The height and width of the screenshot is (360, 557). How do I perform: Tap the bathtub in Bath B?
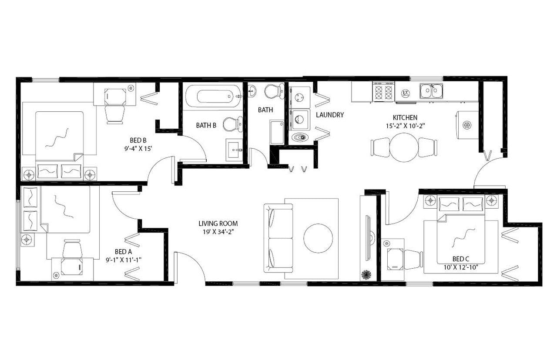click(213, 96)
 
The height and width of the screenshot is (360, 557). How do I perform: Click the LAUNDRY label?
click(330, 115)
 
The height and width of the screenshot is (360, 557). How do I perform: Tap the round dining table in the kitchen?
click(403, 147)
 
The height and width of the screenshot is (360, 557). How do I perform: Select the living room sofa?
click(278, 238)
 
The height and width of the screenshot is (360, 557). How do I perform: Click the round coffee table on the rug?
click(318, 238)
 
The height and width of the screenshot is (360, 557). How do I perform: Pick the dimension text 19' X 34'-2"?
click(218, 232)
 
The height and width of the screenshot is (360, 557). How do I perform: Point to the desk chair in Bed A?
click(72, 249)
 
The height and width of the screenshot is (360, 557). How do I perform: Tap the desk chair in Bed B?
click(115, 114)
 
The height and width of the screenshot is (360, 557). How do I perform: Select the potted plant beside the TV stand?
click(366, 275)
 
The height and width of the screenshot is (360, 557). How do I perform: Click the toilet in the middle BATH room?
click(274, 91)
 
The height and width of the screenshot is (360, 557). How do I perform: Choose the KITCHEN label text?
click(405, 117)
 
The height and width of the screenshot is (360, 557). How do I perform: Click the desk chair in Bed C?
click(413, 259)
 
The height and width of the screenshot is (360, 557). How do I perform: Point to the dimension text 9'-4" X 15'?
click(138, 148)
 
